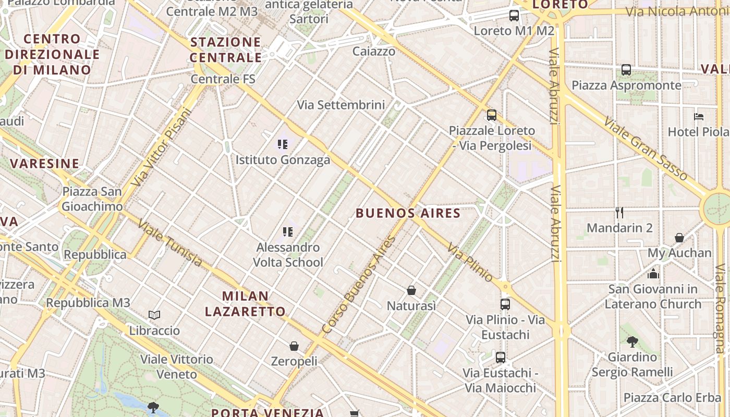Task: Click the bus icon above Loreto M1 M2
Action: (514, 15)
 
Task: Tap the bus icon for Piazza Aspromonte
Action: (626, 70)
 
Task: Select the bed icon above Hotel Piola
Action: (699, 116)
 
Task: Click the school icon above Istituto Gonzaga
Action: (283, 144)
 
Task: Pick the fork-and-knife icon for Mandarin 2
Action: (619, 212)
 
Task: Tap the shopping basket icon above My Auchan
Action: (679, 238)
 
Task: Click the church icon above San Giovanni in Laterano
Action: (653, 273)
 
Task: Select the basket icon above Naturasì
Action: (411, 290)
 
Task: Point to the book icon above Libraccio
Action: (154, 315)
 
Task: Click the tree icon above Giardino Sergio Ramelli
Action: (632, 342)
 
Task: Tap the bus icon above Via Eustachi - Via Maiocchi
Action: (501, 358)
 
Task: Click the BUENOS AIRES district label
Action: (408, 213)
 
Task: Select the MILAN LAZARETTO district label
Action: (245, 304)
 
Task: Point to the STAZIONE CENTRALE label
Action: (226, 50)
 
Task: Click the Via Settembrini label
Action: (341, 105)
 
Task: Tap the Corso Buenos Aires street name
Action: (359, 285)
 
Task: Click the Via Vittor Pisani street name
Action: (162, 147)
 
